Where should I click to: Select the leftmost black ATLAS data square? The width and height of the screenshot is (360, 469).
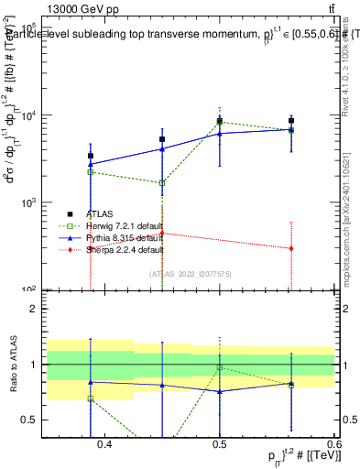(x=90, y=156)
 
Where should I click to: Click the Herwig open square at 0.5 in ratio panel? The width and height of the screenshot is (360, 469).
(x=220, y=367)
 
